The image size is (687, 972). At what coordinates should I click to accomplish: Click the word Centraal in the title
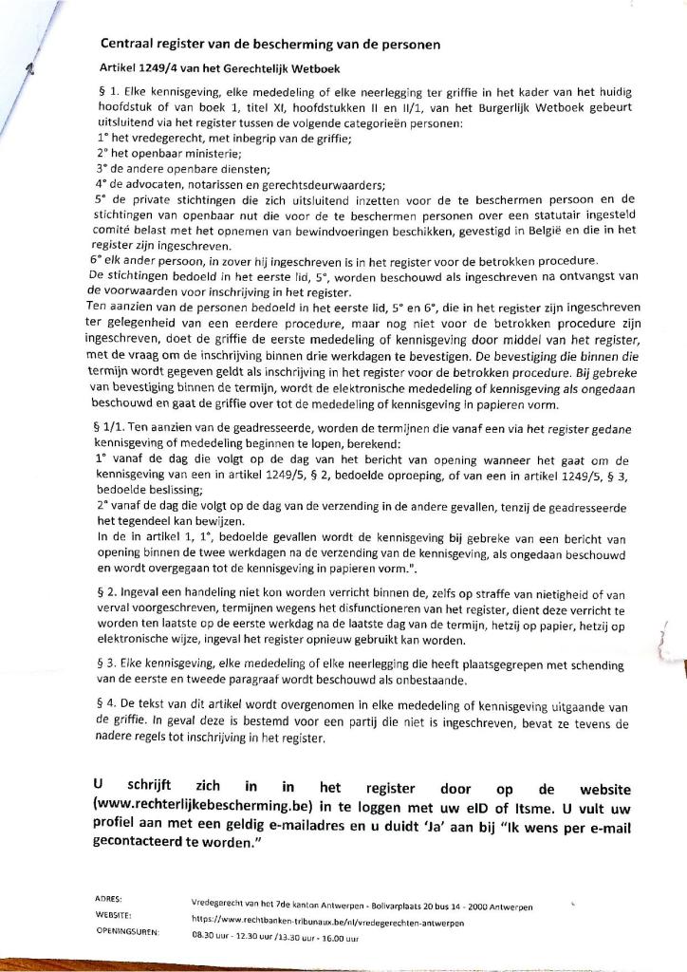133,44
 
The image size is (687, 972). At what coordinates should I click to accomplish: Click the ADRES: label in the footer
110,896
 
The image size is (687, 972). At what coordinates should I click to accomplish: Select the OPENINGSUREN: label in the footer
128,932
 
